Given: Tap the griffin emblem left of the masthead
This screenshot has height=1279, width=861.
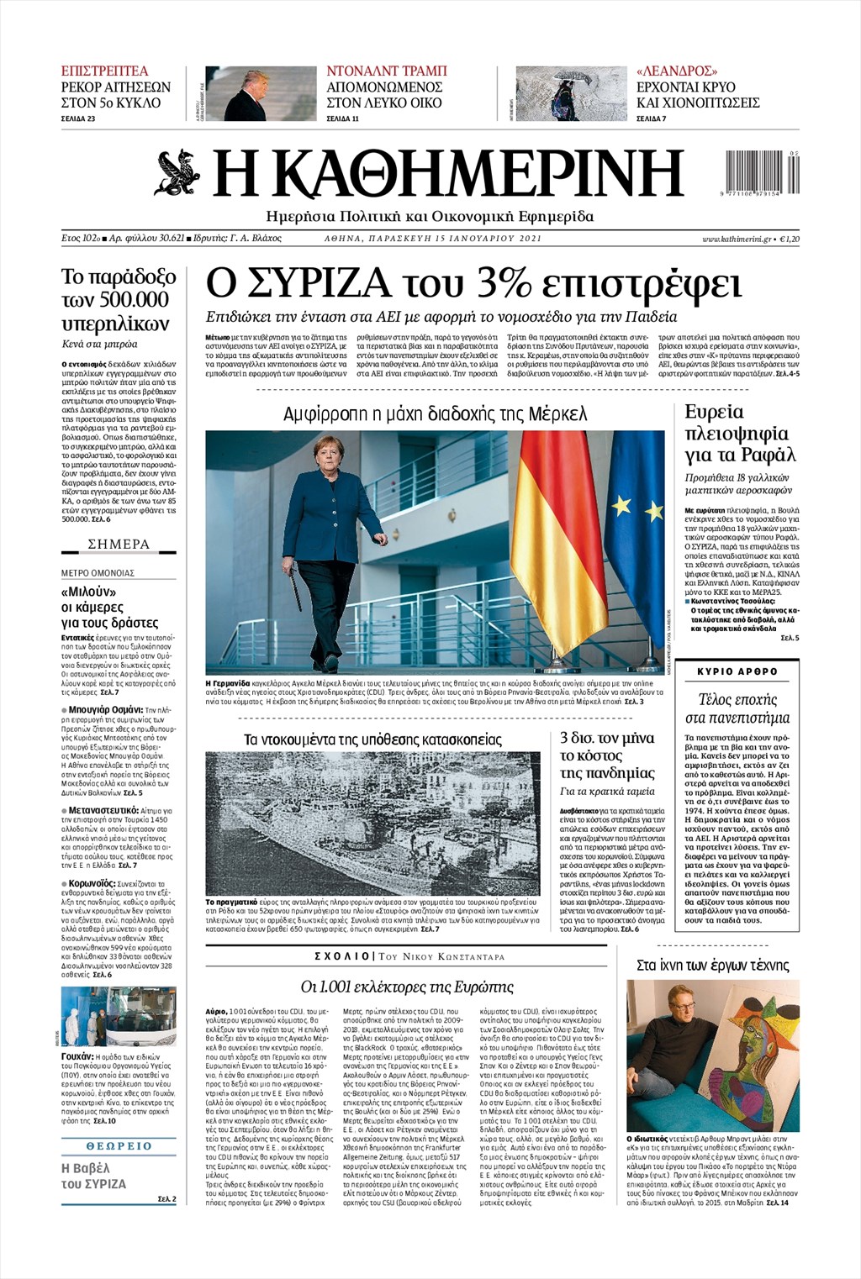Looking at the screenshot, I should coord(178,171).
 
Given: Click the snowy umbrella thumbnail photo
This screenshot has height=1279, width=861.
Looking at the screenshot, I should coord(571,93).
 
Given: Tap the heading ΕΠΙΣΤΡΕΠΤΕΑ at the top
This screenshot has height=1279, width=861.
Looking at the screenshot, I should coord(104,71).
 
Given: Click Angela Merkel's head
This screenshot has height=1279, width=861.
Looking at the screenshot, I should coord(324,455).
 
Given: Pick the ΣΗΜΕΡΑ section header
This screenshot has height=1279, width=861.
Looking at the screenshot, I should coord(119,545).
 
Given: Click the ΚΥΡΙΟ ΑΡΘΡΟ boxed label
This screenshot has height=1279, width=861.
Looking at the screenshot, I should coord(737,671).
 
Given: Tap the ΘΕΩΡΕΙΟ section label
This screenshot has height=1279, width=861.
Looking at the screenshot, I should coord(119,1145).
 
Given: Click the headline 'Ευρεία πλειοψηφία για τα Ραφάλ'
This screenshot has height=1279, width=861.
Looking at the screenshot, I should coord(737,434).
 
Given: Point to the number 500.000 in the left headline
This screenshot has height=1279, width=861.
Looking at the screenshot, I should coord(126,300).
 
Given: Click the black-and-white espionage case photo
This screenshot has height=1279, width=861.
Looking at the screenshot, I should coord(372,824).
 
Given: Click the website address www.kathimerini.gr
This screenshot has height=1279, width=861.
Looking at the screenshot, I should coord(737,239).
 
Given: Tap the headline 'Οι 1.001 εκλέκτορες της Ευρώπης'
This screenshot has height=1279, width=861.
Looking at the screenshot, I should coord(407,987).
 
